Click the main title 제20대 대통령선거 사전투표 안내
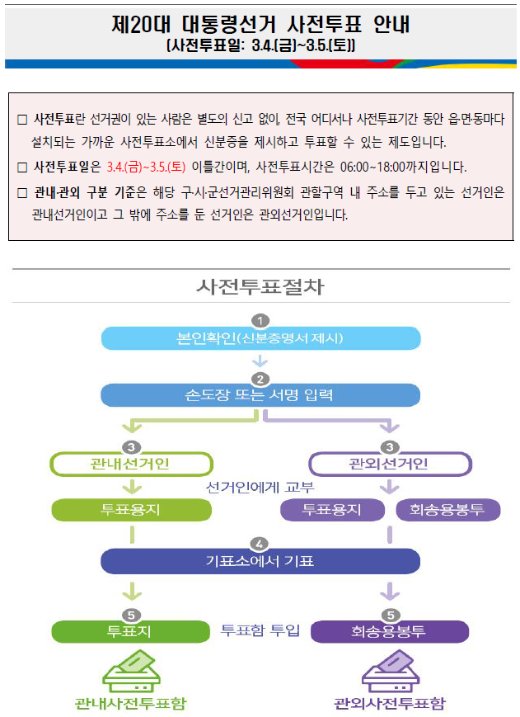point(260,24)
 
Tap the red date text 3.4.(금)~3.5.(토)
point(146,167)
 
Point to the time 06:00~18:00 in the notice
point(372,167)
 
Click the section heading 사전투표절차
point(260,286)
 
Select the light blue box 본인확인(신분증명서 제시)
point(260,338)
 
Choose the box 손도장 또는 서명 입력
point(260,395)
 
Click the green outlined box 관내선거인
point(132,465)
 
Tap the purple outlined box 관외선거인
point(390,465)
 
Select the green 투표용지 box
point(132,510)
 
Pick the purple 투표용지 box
point(332,510)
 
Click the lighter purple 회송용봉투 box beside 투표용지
point(447,510)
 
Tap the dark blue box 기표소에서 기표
point(260,561)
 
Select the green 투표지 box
point(130,631)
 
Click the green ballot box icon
point(132,672)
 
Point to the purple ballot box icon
point(391,672)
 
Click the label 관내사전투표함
point(131,703)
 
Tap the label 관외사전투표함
point(390,703)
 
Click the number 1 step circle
point(260,321)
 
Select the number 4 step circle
point(260,544)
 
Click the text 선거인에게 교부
point(260,488)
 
